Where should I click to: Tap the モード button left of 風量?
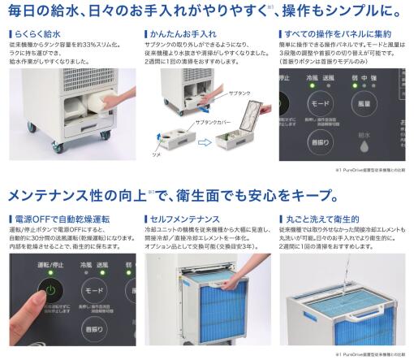tap(319, 105)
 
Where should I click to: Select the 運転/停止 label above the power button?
tap(50, 267)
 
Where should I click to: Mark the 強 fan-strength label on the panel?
tap(392, 79)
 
